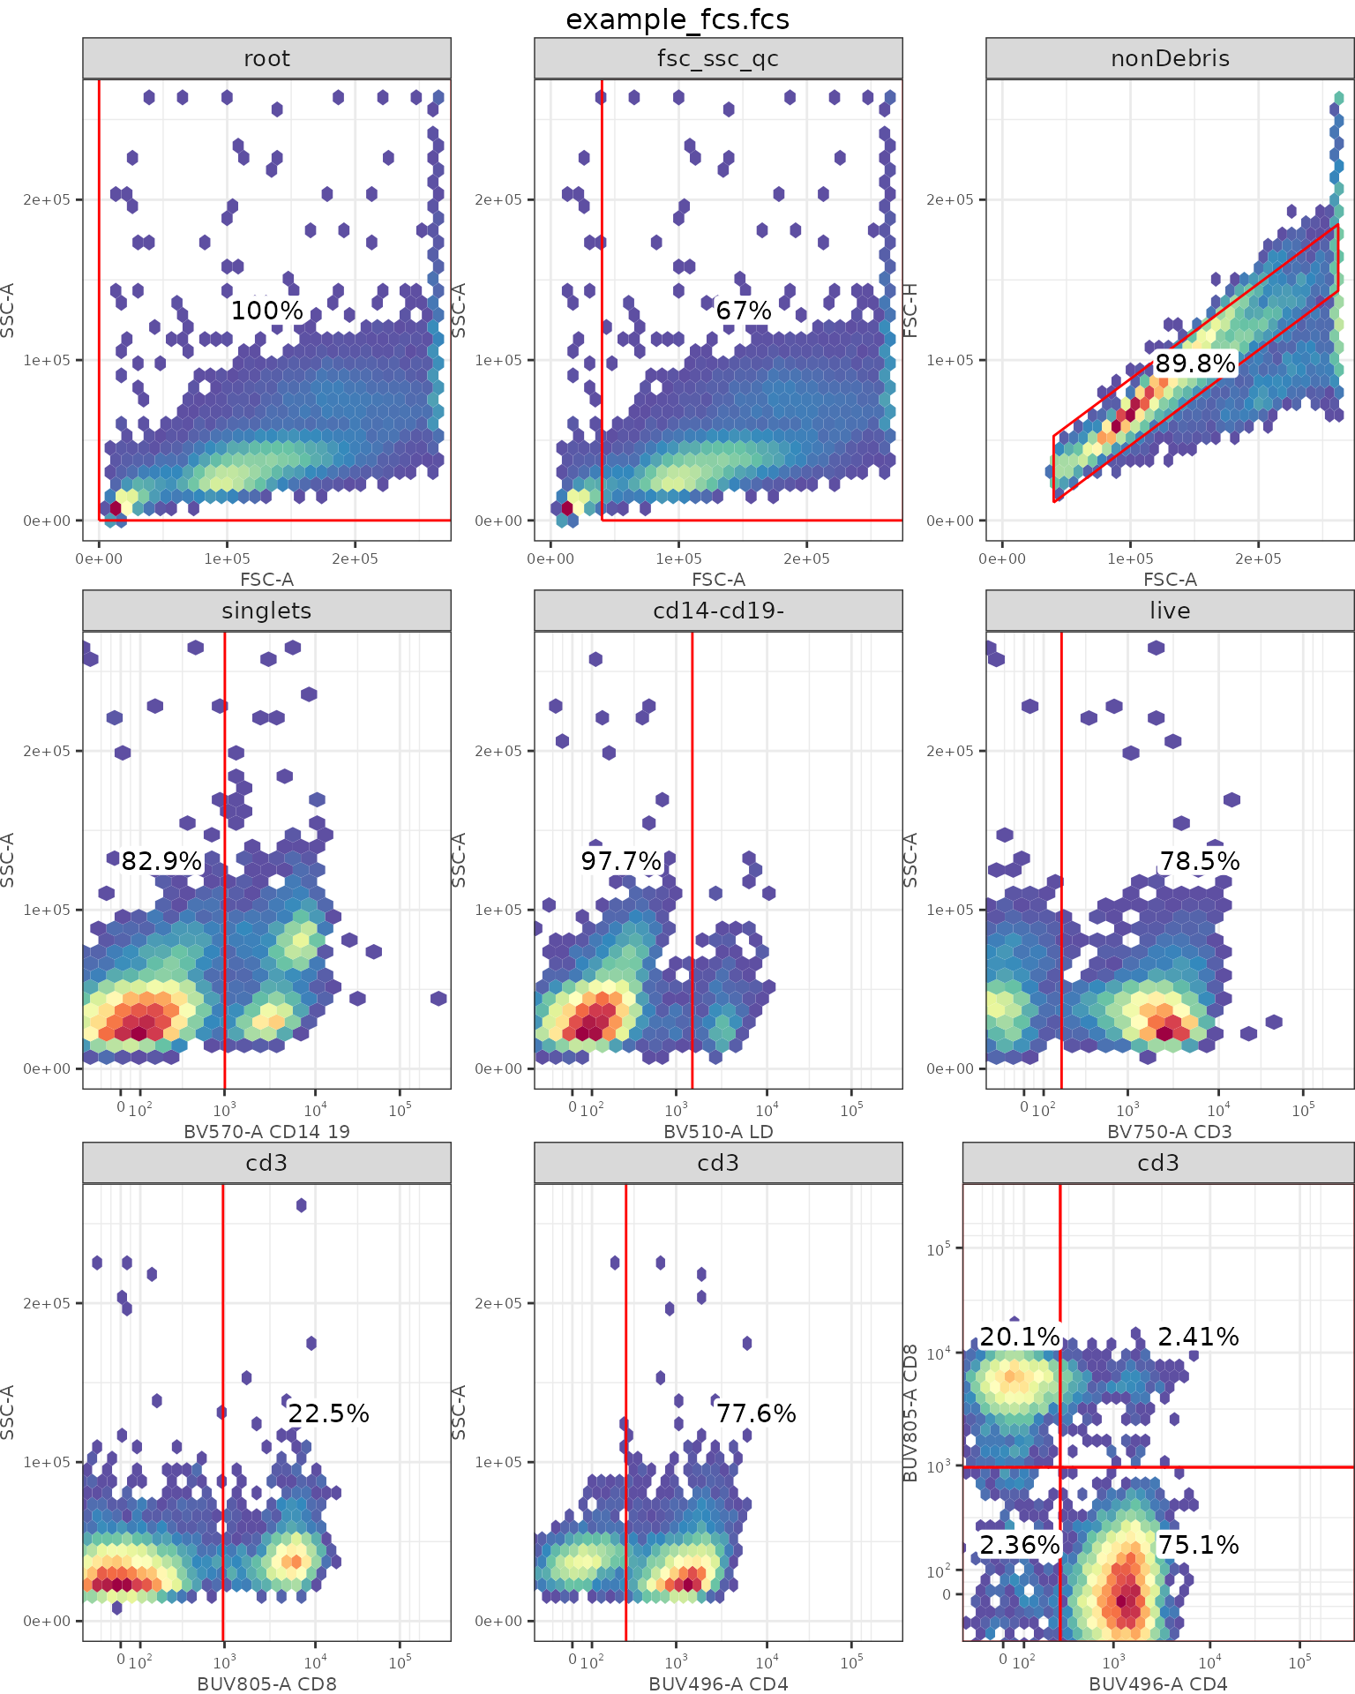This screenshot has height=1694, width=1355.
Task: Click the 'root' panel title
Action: click(266, 59)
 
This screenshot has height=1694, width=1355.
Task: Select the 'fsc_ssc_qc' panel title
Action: click(718, 59)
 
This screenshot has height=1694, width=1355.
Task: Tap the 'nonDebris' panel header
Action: click(1170, 59)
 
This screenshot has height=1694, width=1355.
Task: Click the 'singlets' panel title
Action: click(266, 611)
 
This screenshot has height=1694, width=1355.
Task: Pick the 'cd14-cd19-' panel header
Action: click(718, 611)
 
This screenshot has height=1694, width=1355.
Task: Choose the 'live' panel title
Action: click(1170, 611)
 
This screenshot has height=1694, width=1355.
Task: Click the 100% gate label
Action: click(267, 311)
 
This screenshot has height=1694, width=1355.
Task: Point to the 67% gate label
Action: click(744, 311)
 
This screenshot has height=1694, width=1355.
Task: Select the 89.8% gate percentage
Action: click(1195, 364)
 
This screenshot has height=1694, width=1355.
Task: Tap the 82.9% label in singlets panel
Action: click(161, 861)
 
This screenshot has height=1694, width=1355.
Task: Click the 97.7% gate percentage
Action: click(621, 861)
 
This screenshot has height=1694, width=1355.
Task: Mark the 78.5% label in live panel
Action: click(1200, 861)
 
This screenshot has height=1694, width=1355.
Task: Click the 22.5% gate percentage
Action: click(328, 1413)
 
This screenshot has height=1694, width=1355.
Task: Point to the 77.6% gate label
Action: click(756, 1413)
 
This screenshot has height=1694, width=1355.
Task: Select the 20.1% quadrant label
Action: click(1020, 1337)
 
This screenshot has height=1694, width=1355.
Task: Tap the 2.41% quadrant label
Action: click(1198, 1337)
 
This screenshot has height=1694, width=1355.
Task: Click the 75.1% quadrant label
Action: click(1198, 1545)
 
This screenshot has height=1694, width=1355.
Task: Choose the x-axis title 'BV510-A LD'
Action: click(718, 1131)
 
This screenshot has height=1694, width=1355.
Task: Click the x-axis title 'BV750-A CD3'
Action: click(1170, 1131)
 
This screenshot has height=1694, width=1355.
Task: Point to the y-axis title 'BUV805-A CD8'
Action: click(911, 1413)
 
